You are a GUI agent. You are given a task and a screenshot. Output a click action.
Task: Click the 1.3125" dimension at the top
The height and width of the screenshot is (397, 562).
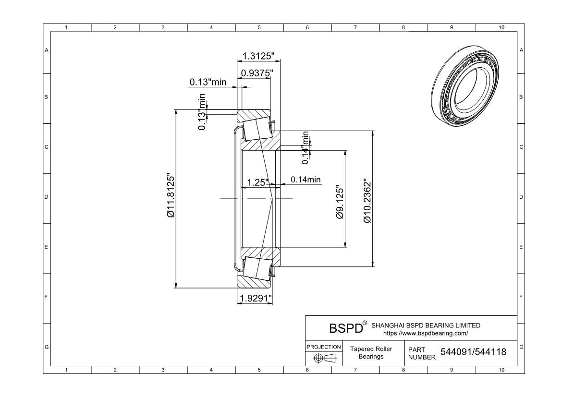[x=258, y=56]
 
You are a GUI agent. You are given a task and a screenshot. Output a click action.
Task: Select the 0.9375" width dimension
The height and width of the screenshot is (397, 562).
[x=257, y=73]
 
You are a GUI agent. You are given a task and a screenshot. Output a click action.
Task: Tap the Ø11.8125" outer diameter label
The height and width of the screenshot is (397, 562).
[x=171, y=196]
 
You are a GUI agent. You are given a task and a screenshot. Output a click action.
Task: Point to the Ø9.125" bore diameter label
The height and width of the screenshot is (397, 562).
[x=340, y=202]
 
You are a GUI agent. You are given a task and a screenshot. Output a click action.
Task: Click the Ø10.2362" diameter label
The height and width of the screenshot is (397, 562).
[x=367, y=201]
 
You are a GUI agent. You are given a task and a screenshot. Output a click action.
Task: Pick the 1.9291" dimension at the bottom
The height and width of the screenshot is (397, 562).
[x=256, y=298]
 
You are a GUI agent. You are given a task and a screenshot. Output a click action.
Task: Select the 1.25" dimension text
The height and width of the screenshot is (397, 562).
[x=257, y=182]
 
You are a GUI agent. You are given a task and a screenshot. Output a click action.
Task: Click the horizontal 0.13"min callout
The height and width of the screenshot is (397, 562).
[x=208, y=82]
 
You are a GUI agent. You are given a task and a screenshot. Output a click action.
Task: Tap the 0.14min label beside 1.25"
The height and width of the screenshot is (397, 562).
[x=305, y=180]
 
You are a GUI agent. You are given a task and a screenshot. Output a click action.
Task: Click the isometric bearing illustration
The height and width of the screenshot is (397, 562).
[x=465, y=86]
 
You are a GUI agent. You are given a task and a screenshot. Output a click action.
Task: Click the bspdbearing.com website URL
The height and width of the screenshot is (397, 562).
[x=426, y=333]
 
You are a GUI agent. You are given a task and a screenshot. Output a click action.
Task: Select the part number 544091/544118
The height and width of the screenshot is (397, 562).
[x=473, y=352]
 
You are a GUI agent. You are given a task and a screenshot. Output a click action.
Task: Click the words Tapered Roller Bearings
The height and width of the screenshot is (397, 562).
[x=371, y=352]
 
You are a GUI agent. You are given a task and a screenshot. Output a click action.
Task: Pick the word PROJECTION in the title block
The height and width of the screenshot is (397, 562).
[x=324, y=347]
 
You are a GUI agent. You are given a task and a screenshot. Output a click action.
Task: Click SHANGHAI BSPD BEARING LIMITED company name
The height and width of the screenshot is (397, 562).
[x=426, y=325]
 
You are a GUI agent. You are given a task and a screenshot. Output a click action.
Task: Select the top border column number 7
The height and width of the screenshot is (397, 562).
[x=355, y=27]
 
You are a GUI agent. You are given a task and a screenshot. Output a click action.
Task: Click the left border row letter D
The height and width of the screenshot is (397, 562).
[x=46, y=197]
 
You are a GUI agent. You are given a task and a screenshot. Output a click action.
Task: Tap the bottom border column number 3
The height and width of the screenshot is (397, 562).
[x=163, y=370]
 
